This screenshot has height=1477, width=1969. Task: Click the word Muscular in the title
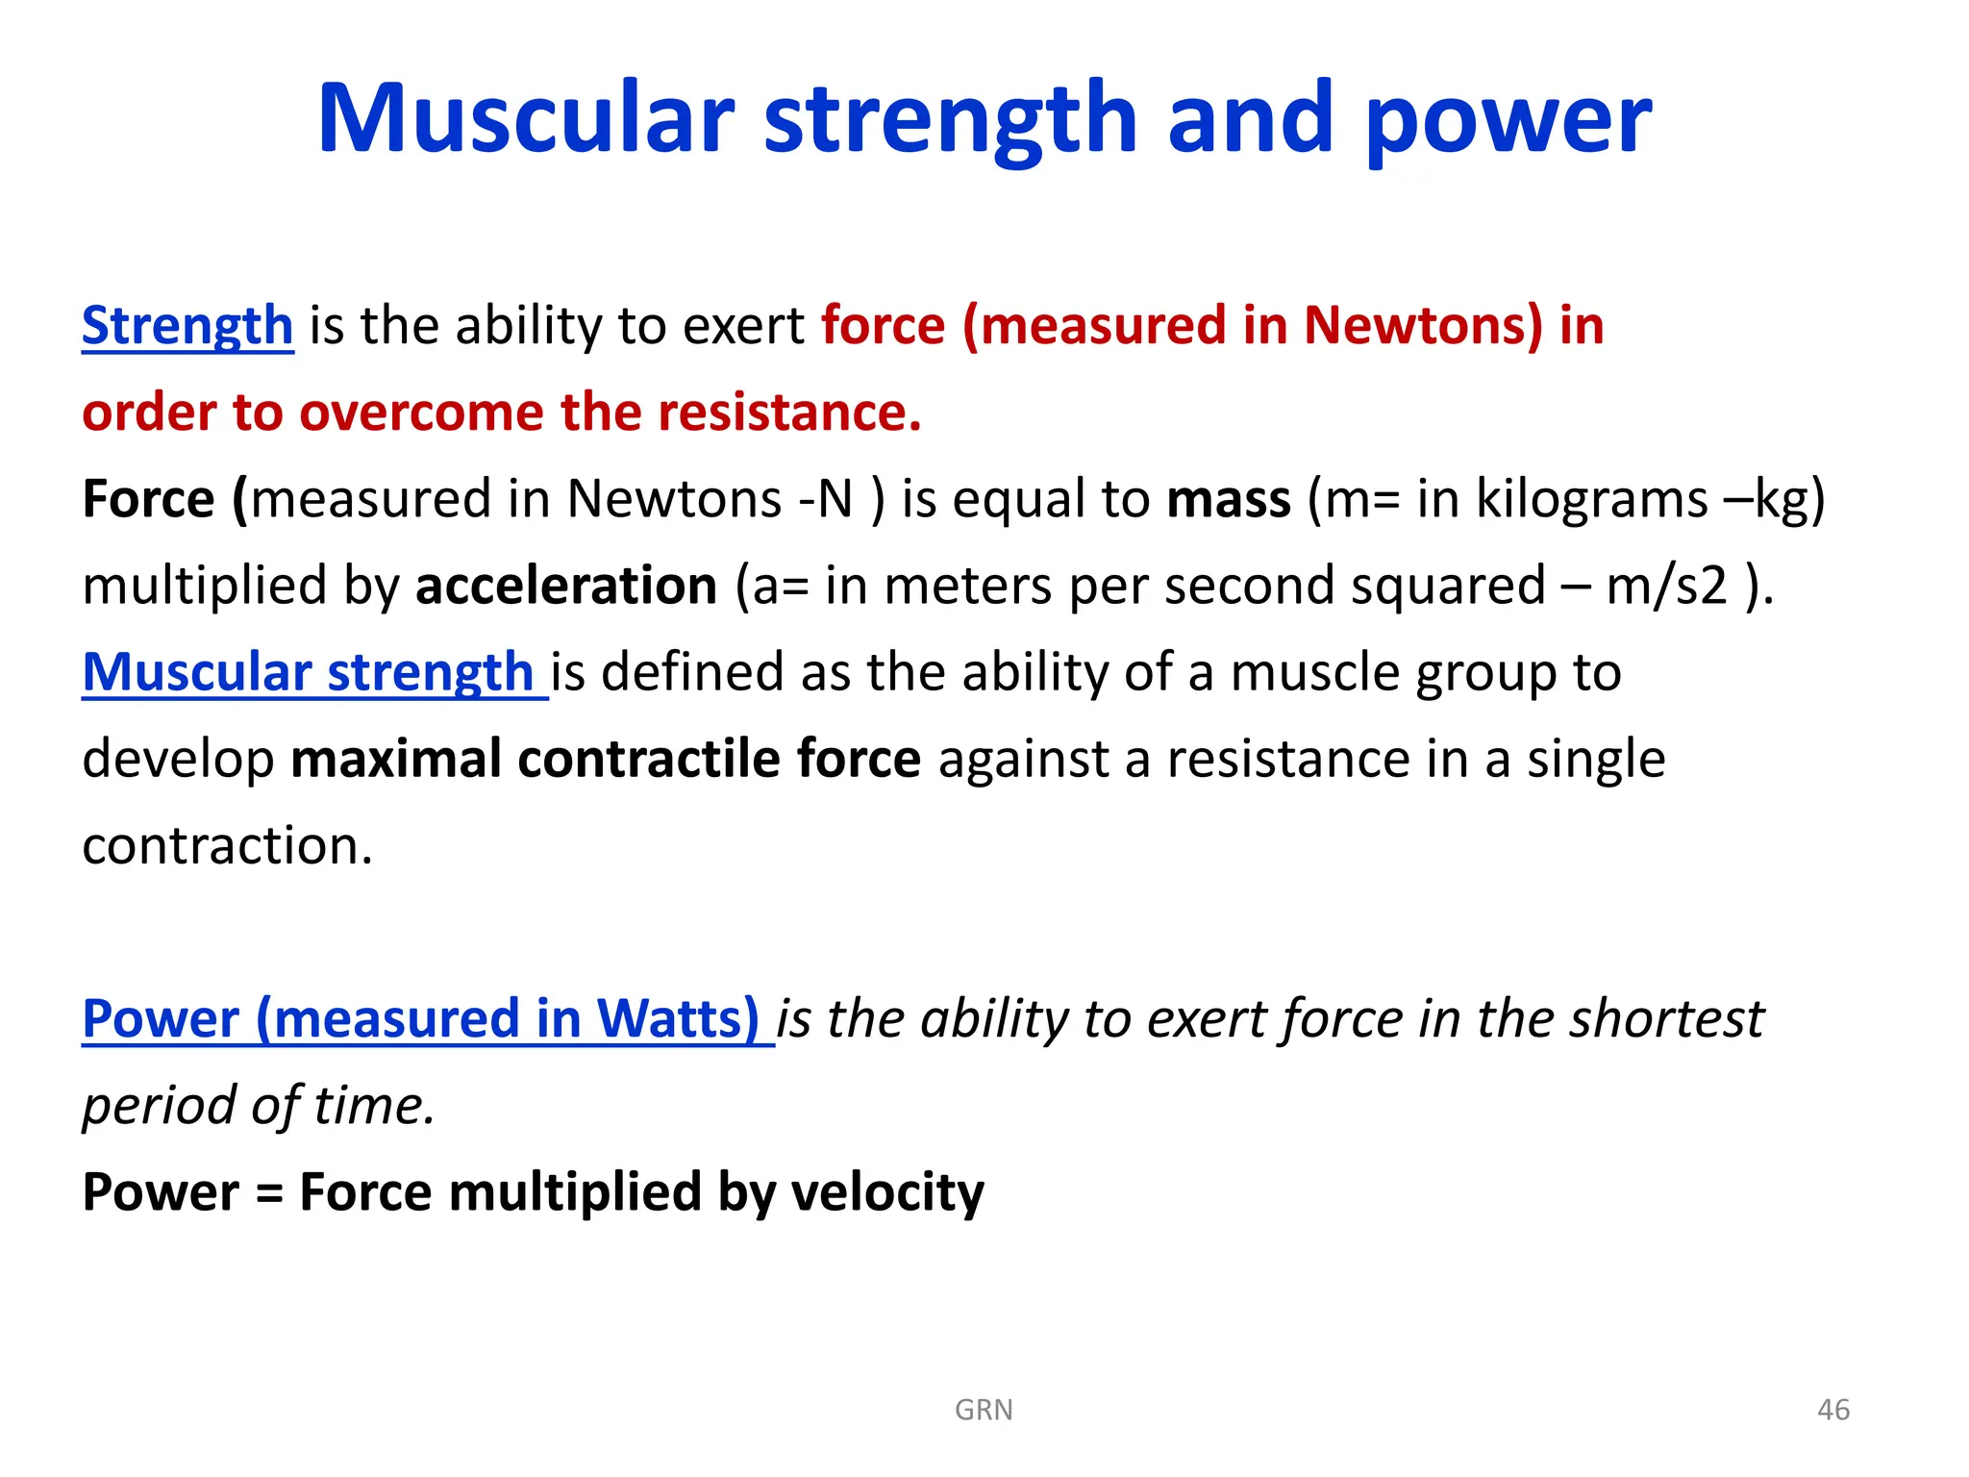click(525, 119)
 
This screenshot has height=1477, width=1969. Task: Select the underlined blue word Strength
click(187, 325)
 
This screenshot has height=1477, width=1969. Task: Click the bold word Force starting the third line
click(148, 499)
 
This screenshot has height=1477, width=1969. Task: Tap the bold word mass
click(1228, 499)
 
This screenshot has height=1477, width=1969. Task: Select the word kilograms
click(1590, 499)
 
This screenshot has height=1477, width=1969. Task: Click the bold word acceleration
click(566, 586)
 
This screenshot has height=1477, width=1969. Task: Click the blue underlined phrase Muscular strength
click(308, 671)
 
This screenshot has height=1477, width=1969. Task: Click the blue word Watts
click(678, 1018)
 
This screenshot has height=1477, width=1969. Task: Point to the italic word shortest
click(1665, 1018)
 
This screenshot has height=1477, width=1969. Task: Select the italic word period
click(158, 1106)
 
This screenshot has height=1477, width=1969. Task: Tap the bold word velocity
click(886, 1192)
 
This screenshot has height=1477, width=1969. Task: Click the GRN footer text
click(984, 1410)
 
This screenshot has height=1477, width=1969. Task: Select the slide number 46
click(1832, 1410)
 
